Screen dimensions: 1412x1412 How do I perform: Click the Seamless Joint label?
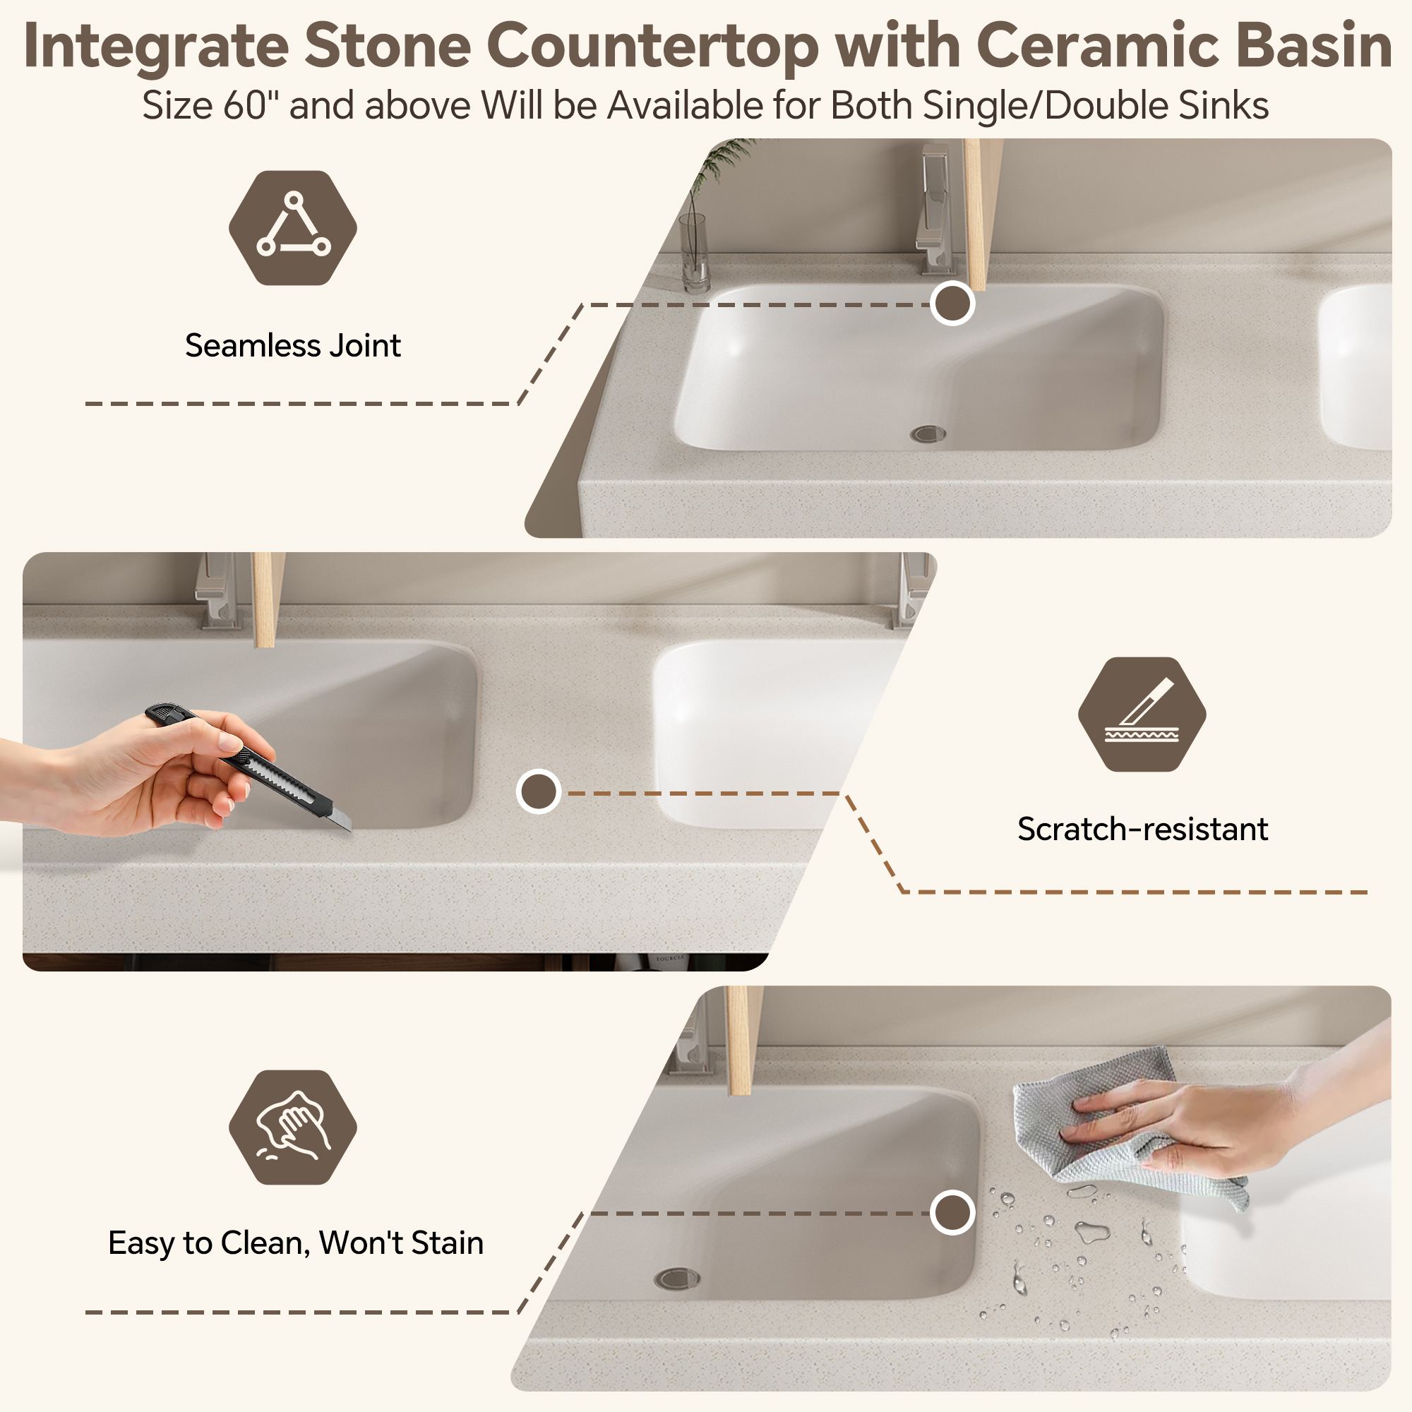coord(292,345)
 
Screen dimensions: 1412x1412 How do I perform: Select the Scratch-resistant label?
coord(1142,829)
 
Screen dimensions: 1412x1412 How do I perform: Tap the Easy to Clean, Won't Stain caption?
coord(296,1243)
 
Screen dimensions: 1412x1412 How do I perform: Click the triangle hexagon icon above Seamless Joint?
coord(292,227)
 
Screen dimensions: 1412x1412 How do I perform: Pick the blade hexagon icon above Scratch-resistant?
coord(1142,714)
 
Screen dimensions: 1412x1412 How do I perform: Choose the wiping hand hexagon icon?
coord(292,1127)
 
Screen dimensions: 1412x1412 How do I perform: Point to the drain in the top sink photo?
coord(928,434)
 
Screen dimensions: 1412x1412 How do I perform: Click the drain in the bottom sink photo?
coord(677,1279)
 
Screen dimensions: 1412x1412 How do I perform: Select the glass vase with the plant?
coord(693,252)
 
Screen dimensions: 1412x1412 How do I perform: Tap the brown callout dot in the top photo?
coord(952,303)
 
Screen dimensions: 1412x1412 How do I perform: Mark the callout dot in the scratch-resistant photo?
coord(539,791)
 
